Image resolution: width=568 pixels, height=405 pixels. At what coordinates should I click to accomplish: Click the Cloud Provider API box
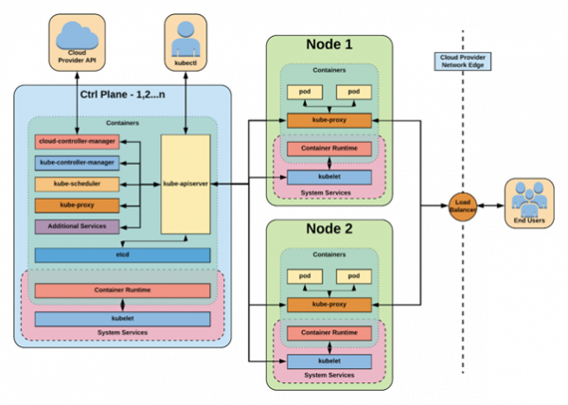point(78,43)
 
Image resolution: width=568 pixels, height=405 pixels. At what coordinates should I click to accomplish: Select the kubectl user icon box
point(185,43)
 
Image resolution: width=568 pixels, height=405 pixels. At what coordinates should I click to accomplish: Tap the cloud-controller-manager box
point(77,142)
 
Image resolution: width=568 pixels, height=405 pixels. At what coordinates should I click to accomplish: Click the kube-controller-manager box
point(77,163)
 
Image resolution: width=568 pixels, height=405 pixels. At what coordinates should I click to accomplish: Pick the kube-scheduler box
point(77,184)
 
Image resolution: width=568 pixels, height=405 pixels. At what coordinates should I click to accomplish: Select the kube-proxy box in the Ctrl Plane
point(77,204)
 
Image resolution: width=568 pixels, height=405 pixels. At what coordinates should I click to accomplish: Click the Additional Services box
point(77,226)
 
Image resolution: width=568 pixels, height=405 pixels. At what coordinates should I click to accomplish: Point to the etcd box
point(122,255)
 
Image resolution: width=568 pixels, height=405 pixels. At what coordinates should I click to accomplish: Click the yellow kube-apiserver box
point(186,185)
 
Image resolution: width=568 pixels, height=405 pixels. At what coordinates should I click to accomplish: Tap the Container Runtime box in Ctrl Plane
point(122,291)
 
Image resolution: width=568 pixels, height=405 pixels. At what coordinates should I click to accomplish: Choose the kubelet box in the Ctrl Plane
point(122,319)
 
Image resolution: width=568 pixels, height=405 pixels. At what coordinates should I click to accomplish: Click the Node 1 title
point(328,47)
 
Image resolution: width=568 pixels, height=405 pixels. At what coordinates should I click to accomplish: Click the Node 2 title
point(328,231)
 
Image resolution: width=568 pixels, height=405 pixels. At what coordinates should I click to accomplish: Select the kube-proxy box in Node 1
point(328,121)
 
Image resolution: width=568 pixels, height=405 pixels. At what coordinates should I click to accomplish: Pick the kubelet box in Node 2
point(328,361)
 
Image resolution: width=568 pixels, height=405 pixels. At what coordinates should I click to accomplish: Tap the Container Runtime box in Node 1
point(328,149)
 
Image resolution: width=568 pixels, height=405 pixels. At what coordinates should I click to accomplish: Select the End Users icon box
point(529,202)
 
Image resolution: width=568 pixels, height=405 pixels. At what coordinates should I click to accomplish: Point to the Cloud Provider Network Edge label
point(463,61)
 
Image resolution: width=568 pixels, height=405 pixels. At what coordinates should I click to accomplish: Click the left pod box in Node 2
point(304,275)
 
